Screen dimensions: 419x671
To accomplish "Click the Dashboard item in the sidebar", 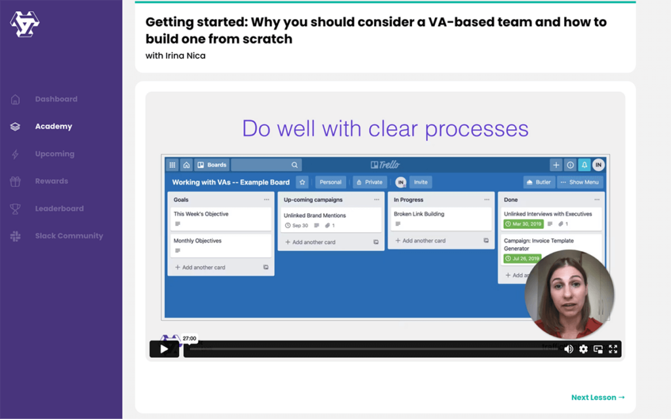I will (56, 99).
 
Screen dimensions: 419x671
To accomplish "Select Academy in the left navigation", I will (53, 127).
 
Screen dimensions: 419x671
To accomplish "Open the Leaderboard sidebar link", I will (59, 209).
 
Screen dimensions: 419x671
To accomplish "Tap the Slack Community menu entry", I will (69, 236).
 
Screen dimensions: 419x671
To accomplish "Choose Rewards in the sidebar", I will (51, 181).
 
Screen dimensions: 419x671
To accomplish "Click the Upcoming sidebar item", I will (54, 154).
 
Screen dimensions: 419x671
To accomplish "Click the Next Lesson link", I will (598, 397).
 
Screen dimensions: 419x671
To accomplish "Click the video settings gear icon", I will (583, 349).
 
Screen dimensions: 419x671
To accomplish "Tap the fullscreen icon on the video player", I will (613, 349).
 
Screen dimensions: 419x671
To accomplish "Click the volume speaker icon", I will (568, 349).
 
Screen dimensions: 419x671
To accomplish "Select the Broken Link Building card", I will (440, 218).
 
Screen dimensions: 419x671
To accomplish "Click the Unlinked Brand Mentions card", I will (330, 220).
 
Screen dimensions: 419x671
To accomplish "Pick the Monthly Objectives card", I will (220, 245).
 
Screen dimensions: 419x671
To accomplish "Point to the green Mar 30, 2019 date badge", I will (523, 224).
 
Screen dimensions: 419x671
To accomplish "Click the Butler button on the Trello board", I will (539, 182).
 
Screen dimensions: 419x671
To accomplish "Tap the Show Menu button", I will (580, 182).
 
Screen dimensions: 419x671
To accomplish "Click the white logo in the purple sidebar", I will (25, 24).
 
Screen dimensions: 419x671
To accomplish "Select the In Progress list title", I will (408, 199).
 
